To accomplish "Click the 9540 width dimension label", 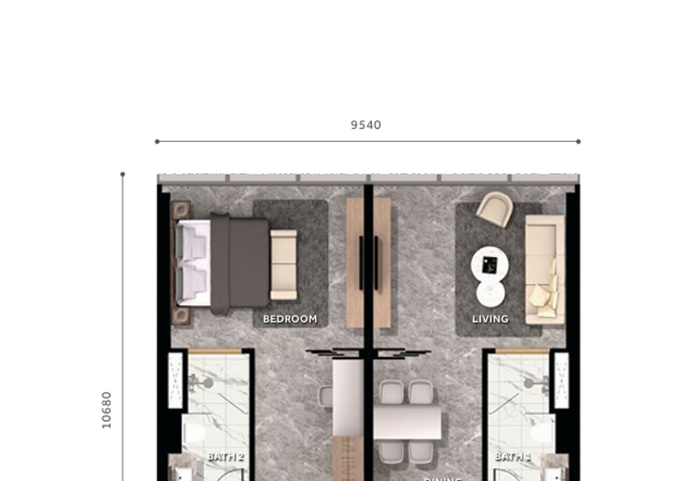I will pos(366,125).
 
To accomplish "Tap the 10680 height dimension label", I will pos(107,409).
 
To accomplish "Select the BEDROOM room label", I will pos(290,319).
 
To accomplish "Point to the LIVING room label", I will pos(490,319).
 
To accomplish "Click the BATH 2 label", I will pos(225,456).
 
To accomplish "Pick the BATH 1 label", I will pos(512,456).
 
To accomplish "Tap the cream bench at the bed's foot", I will pos(284,264).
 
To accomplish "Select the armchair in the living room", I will pos(495,209).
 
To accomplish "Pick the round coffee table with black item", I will pos(489,263).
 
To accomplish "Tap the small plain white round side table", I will pos(490,293).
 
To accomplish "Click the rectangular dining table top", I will pos(407,422).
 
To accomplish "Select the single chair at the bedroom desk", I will pos(325,396).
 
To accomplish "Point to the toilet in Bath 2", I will pos(194,433).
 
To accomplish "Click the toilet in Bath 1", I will pos(542,433).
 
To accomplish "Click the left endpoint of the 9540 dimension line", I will pos(157,141).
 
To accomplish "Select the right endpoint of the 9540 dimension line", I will pos(578,141).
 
